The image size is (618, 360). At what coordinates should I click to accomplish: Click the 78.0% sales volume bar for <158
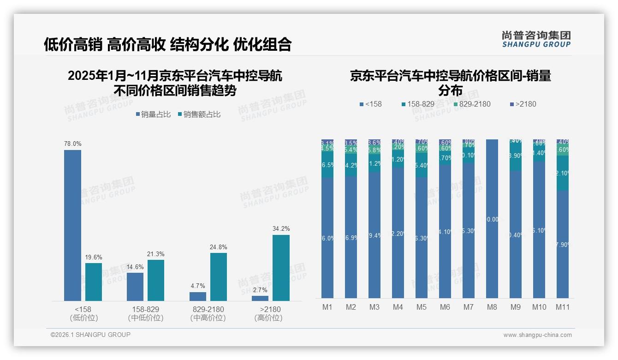click(72, 225)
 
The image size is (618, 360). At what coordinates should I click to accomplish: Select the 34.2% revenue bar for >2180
click(281, 268)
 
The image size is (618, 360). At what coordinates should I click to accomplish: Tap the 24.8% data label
click(218, 247)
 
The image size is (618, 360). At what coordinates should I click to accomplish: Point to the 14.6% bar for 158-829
click(135, 287)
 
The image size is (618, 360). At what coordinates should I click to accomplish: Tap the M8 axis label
click(492, 307)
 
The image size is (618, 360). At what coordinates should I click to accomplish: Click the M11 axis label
click(562, 307)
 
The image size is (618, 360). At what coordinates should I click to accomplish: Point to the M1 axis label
click(327, 307)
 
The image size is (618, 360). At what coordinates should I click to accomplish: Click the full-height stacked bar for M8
click(492, 218)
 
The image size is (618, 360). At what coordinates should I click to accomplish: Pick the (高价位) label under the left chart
click(268, 318)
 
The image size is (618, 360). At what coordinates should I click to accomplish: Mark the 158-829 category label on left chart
click(145, 309)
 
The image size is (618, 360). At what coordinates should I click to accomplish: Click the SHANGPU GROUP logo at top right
click(536, 39)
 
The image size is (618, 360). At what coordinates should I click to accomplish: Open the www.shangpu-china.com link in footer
click(537, 335)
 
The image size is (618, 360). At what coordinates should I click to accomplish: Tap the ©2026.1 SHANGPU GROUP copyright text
click(90, 335)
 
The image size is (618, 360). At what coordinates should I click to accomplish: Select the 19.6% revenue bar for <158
click(94, 282)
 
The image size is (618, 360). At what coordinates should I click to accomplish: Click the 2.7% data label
click(260, 290)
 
